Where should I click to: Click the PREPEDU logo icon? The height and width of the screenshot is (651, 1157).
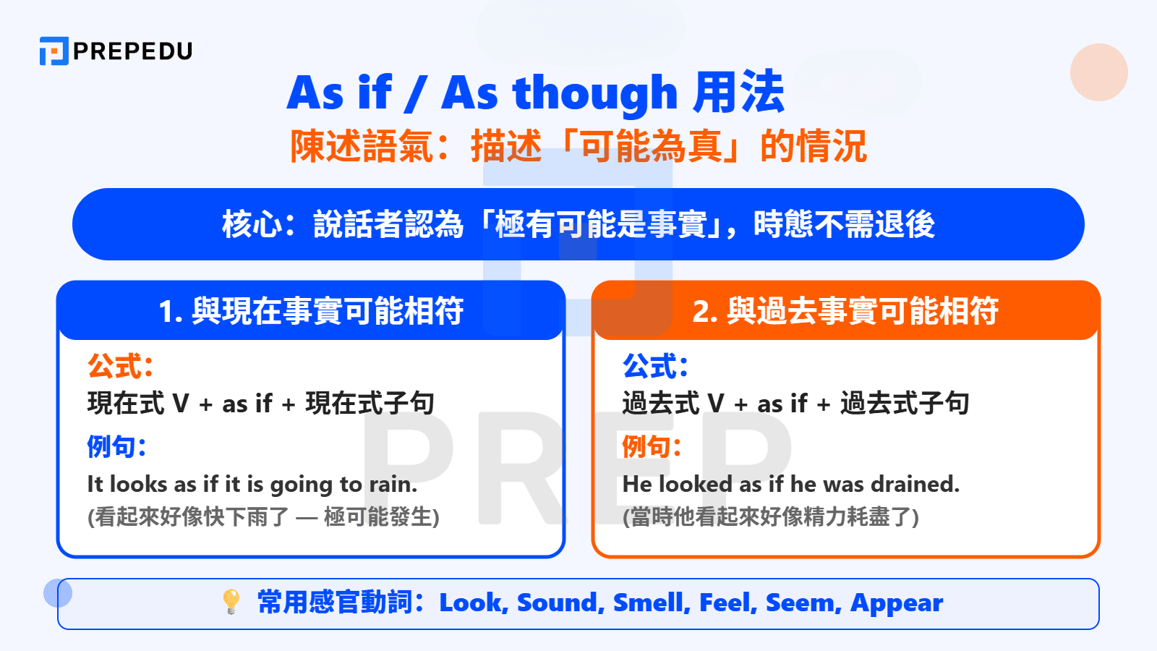pyautogui.click(x=54, y=51)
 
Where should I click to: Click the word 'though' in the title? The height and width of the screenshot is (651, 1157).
pyautogui.click(x=594, y=94)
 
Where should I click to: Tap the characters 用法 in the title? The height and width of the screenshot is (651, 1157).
pyautogui.click(x=738, y=93)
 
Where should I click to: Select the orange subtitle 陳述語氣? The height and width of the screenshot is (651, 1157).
pyautogui.click(x=362, y=147)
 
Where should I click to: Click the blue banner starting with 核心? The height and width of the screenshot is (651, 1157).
pyautogui.click(x=578, y=224)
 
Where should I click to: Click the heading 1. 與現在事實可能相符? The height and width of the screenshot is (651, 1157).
pyautogui.click(x=311, y=311)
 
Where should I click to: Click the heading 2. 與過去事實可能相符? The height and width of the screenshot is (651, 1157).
pyautogui.click(x=845, y=311)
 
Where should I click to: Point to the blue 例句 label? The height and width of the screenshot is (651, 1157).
pyautogui.click(x=116, y=446)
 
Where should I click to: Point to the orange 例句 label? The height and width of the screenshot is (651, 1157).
pyautogui.click(x=652, y=446)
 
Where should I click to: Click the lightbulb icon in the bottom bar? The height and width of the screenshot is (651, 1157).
pyautogui.click(x=231, y=602)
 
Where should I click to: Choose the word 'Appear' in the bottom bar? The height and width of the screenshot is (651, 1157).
pyautogui.click(x=897, y=603)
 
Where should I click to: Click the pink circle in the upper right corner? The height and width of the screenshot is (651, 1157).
pyautogui.click(x=1098, y=72)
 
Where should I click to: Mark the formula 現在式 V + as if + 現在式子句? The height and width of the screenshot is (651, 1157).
pyautogui.click(x=260, y=404)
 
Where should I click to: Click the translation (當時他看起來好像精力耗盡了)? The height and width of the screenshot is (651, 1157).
pyautogui.click(x=771, y=517)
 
